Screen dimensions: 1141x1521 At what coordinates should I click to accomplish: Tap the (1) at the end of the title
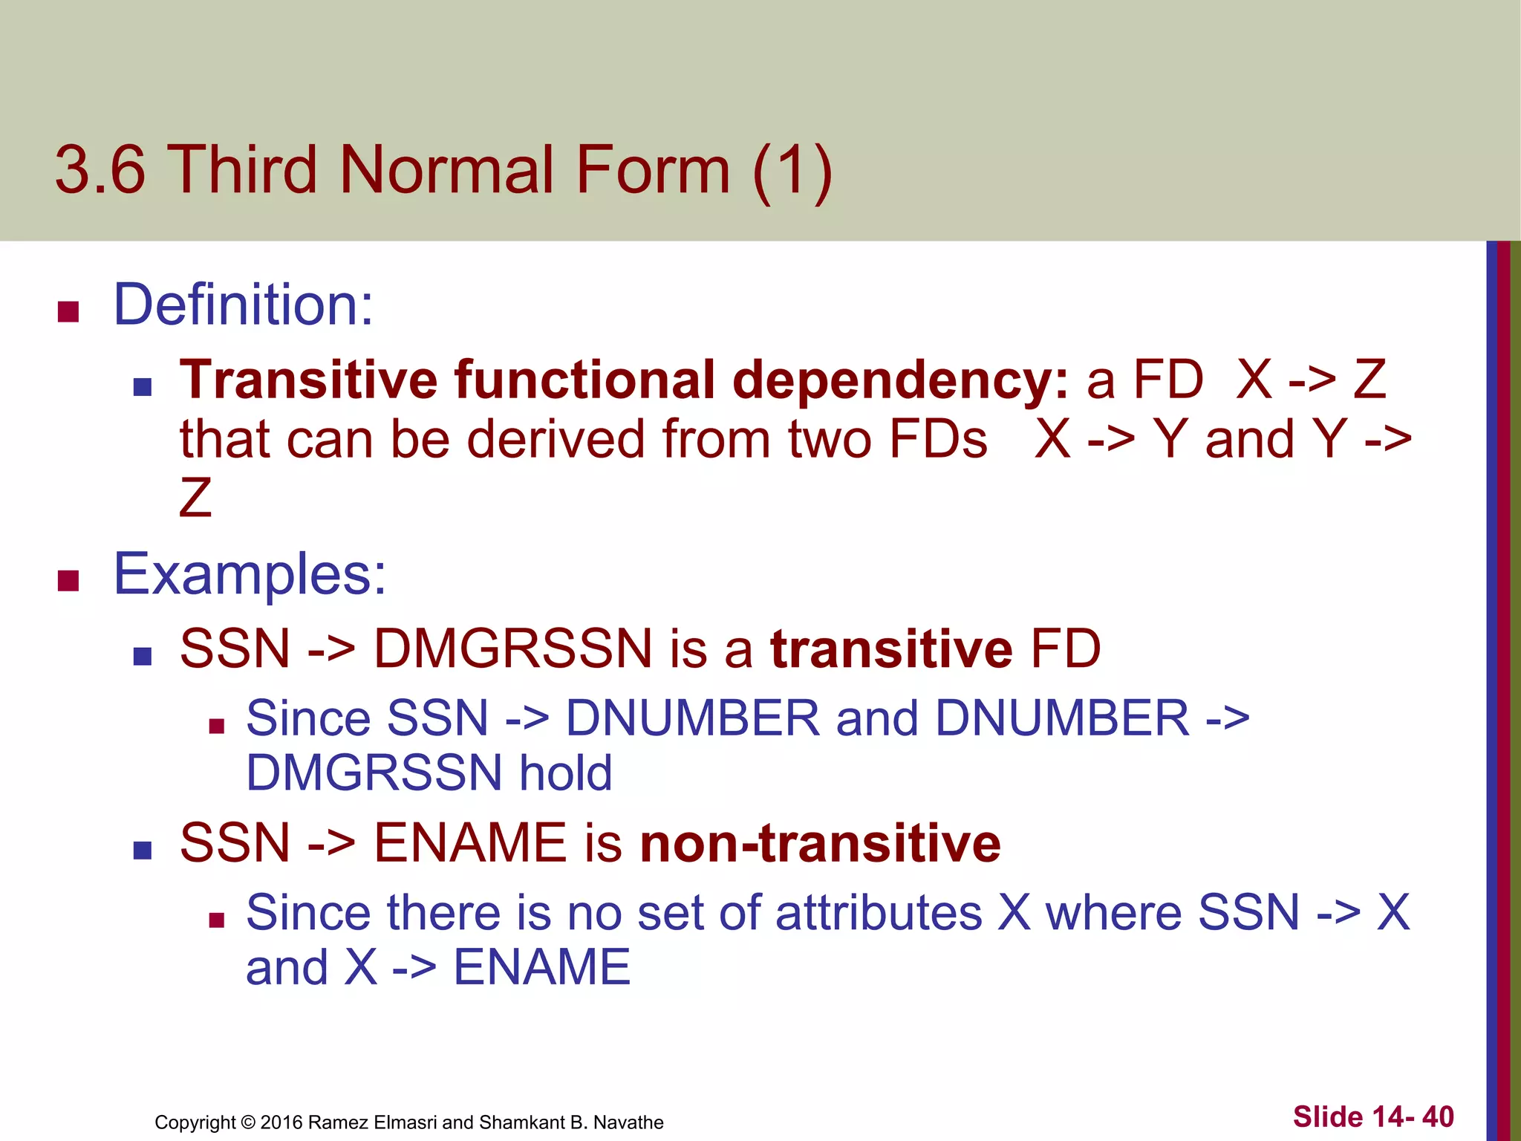(x=792, y=172)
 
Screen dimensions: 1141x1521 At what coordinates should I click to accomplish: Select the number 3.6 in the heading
(x=100, y=170)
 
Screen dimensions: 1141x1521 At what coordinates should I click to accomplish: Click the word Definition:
(x=243, y=305)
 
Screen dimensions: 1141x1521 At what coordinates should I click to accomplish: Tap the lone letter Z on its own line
(x=195, y=497)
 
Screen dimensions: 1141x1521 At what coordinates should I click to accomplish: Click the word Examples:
(x=250, y=574)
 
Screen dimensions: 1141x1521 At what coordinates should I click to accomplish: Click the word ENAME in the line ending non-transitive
(x=470, y=843)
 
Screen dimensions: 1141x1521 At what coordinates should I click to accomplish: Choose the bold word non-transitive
(x=821, y=843)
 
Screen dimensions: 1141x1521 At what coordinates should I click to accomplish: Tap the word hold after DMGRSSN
(x=565, y=773)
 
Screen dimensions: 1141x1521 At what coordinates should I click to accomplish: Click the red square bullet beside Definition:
(x=68, y=311)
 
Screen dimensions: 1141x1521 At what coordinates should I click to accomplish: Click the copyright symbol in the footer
(x=248, y=1122)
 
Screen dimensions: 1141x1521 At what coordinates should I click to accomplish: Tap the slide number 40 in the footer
(x=1438, y=1116)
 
